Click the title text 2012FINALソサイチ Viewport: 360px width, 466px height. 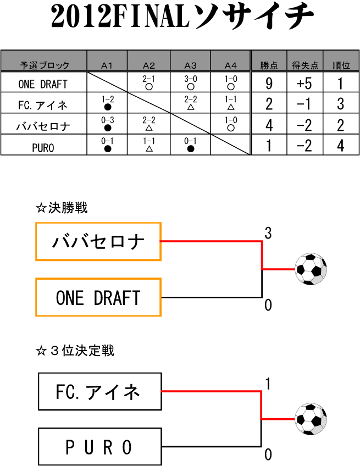click(x=182, y=19)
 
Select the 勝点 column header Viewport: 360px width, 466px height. click(x=269, y=65)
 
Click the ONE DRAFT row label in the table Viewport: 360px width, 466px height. click(x=43, y=84)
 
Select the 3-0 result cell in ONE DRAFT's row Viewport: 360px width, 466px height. click(x=190, y=82)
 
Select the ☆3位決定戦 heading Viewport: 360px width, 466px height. click(x=75, y=351)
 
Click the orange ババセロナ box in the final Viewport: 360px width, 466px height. click(x=98, y=241)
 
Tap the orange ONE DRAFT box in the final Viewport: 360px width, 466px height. click(x=98, y=297)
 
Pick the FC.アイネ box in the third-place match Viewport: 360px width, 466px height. click(x=100, y=391)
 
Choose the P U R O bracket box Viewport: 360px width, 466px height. click(x=100, y=447)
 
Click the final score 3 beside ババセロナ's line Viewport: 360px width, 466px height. click(x=268, y=233)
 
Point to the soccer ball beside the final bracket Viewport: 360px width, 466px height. click(x=311, y=269)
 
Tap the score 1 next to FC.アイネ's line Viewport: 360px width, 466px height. click(x=268, y=384)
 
